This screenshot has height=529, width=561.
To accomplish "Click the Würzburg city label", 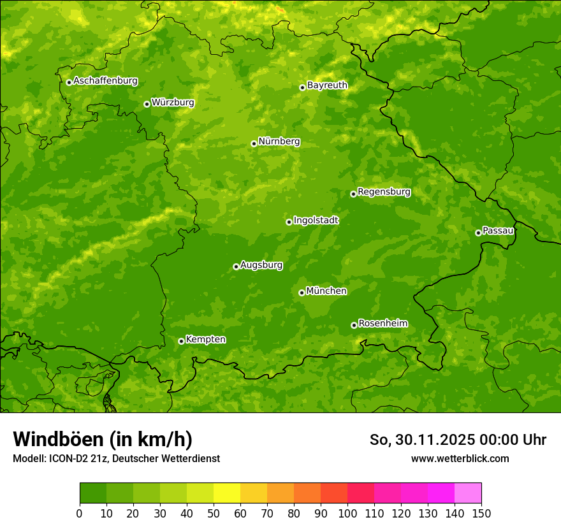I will (x=173, y=103).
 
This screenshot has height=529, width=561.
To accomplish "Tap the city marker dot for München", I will (x=302, y=293).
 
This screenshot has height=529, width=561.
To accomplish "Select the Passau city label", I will (x=498, y=231).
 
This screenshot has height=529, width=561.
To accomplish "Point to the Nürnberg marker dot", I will (x=254, y=143).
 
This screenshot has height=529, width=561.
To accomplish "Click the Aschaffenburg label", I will (x=105, y=81).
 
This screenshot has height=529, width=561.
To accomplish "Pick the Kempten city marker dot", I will (x=181, y=341).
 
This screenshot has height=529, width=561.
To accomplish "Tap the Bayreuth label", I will (x=327, y=85).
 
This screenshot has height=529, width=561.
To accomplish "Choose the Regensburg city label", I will (x=384, y=192).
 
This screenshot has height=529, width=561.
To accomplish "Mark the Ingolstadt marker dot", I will (x=289, y=222).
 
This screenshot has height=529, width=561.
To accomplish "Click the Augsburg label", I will (x=261, y=265).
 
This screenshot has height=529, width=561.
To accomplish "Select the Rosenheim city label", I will (x=382, y=324).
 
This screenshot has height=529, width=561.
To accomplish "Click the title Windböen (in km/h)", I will (x=102, y=439).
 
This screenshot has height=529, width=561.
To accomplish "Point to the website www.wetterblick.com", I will (x=460, y=458).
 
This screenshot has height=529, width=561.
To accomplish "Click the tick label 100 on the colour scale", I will (x=347, y=513).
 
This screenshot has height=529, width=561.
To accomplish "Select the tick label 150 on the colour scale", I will (x=481, y=513).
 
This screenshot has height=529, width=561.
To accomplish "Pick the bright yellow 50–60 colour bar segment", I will (x=227, y=493).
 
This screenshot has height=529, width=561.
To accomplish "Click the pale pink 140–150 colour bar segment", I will (x=468, y=493).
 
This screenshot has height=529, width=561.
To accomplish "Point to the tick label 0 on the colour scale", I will (x=80, y=513).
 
